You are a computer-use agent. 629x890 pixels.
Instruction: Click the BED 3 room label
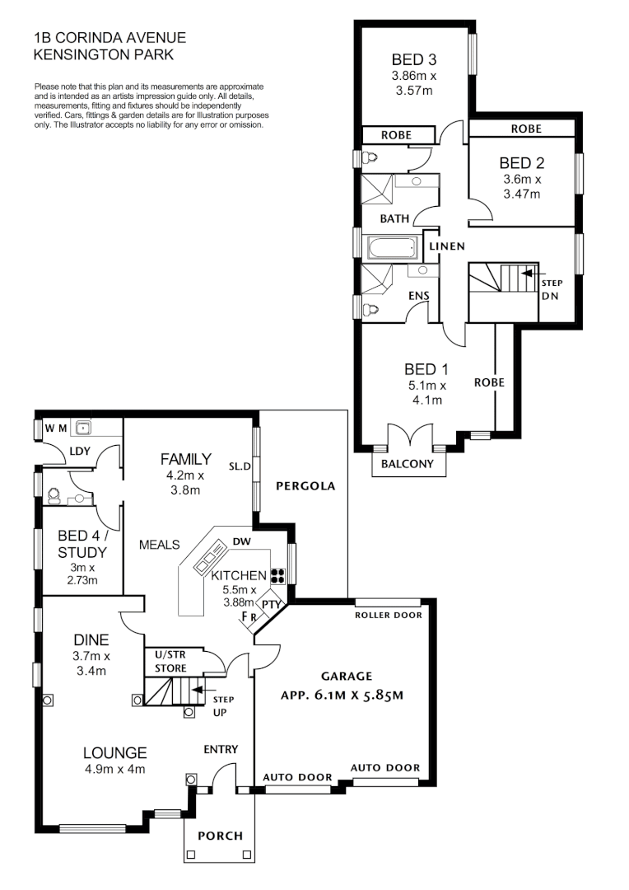(413, 59)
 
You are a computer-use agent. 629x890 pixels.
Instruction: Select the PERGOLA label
(305, 486)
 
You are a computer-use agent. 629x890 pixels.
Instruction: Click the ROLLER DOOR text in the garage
(388, 615)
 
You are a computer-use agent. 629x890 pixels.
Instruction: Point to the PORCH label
(221, 836)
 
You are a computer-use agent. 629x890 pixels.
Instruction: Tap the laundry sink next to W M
(82, 428)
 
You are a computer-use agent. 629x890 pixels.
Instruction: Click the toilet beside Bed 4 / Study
(55, 495)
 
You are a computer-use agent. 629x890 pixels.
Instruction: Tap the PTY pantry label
(273, 604)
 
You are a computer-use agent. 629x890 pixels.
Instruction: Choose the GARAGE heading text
(340, 676)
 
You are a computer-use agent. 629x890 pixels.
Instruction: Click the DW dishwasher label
(241, 541)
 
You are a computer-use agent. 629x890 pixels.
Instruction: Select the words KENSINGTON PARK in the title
(103, 54)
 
